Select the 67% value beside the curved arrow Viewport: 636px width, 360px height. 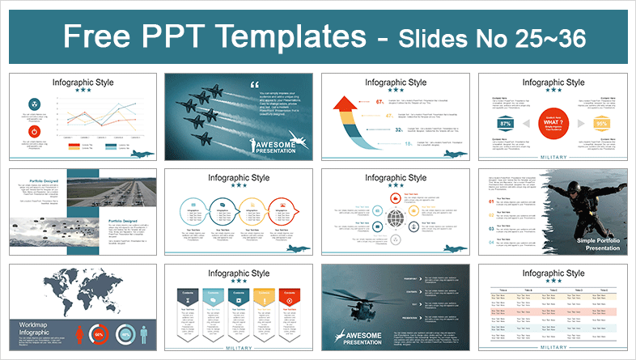pyautogui.click(x=380, y=101)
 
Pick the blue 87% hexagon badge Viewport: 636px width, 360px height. pyautogui.click(x=506, y=124)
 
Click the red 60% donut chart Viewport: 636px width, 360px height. pyautogui.click(x=100, y=333)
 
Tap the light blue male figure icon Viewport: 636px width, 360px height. pyautogui.click(x=144, y=333)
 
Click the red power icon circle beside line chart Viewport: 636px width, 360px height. pyautogui.click(x=34, y=131)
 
